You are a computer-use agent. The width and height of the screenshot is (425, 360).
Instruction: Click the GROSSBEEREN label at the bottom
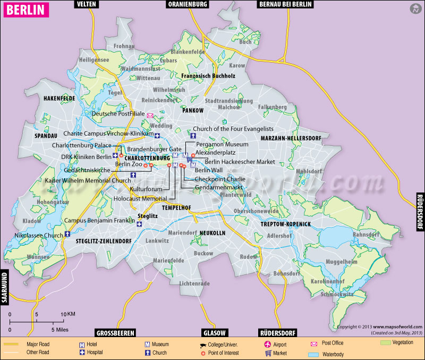114,333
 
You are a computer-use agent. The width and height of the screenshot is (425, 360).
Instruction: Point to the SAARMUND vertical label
5,288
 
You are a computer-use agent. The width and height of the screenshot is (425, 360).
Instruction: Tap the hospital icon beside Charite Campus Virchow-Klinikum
158,134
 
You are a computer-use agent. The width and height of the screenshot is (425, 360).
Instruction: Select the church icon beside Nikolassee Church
67,235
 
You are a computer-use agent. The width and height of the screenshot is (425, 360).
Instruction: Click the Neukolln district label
212,233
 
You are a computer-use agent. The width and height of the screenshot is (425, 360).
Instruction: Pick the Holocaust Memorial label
140,198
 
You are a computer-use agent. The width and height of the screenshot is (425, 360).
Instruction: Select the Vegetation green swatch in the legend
386,343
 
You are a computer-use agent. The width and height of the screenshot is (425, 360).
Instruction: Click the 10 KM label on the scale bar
67,314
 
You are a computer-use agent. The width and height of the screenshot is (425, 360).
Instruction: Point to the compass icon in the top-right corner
414,9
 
